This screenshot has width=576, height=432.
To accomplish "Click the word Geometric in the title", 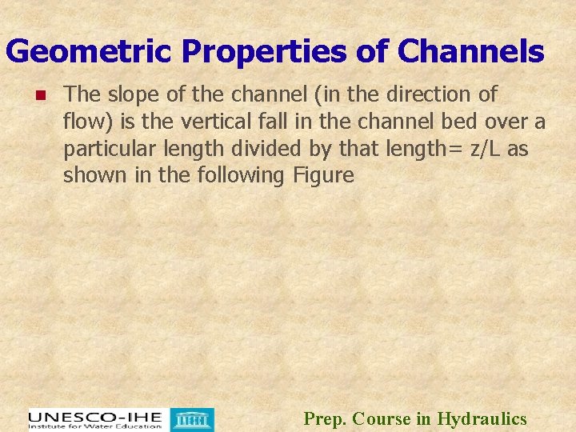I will tap(88, 52).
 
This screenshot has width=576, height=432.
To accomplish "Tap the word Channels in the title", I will tap(470, 52).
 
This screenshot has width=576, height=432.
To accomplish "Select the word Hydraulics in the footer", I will tap(482, 418).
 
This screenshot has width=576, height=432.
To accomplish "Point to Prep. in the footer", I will tap(325, 418).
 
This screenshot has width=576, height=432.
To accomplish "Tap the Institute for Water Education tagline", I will tap(94, 427).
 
